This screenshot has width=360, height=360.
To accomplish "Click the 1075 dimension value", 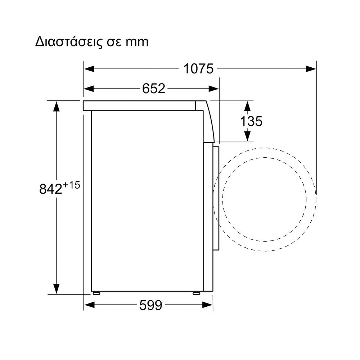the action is click(198, 69).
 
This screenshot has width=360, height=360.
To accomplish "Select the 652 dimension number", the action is click(154, 89).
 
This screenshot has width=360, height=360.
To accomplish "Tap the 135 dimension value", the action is click(251, 121).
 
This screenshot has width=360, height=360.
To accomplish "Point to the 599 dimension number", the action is click(150, 305).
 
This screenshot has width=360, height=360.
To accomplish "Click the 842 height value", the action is click(51, 189).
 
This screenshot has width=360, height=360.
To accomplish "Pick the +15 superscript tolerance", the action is click(71, 185).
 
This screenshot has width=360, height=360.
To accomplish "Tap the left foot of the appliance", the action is click(96, 293).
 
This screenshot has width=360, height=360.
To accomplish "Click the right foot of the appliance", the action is click(196, 293).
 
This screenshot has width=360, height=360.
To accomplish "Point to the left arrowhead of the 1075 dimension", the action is click(89, 69).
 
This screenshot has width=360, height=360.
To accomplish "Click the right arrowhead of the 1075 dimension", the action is click(311, 69).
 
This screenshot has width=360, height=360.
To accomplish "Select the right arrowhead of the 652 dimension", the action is click(213, 89).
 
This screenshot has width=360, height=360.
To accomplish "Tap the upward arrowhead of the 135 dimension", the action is click(247, 106).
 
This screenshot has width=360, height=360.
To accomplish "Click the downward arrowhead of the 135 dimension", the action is click(247, 136).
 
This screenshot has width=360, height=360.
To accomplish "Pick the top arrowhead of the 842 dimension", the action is click(56, 106).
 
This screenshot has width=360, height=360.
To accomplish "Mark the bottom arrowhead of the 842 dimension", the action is click(56, 289).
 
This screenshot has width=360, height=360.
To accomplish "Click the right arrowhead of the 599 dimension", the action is click(208, 305).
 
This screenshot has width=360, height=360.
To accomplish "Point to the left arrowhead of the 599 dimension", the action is click(90, 305).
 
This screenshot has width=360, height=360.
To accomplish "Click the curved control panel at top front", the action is click(208, 122).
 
